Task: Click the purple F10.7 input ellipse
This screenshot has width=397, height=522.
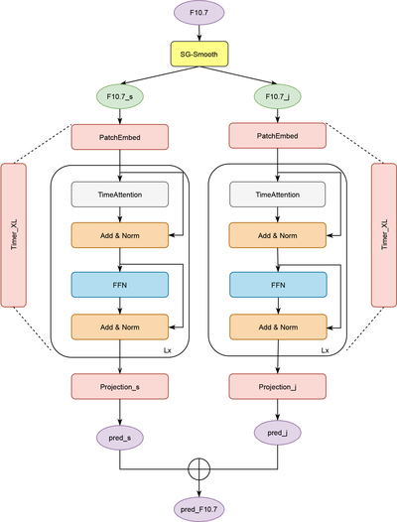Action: pos(198,13)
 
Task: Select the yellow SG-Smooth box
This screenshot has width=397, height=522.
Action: pos(199,54)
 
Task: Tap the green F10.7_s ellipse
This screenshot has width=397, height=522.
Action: pos(120,96)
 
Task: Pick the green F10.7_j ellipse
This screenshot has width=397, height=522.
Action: pos(278,96)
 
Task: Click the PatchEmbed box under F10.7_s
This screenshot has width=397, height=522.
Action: pos(120,137)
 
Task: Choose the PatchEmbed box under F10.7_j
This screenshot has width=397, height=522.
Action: pos(278,136)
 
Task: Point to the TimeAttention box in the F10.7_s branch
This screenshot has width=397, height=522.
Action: pos(120,195)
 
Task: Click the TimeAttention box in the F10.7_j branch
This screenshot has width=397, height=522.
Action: pos(278,195)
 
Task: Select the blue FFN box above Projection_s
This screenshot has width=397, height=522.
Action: pos(120,285)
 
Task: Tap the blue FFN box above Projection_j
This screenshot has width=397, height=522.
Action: pos(278,285)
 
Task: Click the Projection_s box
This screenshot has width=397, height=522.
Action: pos(120,386)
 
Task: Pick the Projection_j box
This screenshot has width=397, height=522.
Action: pos(278,386)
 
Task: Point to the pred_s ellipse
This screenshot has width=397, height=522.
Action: pos(120,438)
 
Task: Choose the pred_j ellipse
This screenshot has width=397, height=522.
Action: pos(278,433)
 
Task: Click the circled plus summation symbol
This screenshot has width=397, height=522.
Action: pos(198,469)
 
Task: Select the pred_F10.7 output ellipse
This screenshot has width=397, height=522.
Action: pos(198,509)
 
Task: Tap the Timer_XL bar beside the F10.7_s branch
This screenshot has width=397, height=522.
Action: pos(14,235)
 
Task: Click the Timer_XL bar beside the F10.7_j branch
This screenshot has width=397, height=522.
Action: pos(384,235)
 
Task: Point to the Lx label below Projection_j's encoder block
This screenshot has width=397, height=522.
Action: pos(325,350)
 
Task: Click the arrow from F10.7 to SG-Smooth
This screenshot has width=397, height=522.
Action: pos(199,33)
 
